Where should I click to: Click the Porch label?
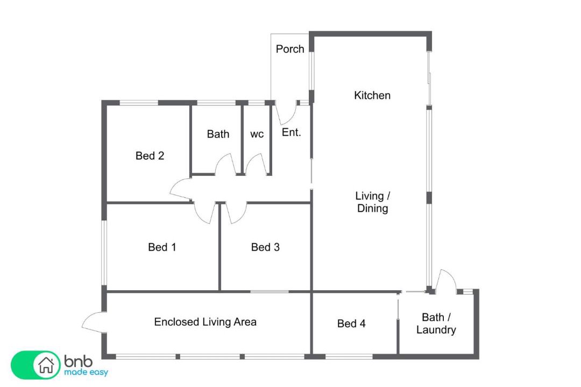(290, 49)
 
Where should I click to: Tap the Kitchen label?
(372, 96)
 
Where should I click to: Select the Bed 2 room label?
(150, 155)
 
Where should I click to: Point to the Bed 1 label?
(162, 247)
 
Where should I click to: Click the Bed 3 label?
(265, 247)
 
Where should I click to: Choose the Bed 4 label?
(351, 324)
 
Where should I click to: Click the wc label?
(257, 134)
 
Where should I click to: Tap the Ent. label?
(291, 132)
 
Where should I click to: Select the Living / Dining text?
(372, 202)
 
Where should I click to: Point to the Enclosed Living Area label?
(206, 322)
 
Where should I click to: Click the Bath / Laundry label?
(436, 323)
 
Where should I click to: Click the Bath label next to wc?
(218, 134)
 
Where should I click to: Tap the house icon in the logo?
(46, 365)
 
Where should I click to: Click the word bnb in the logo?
(78, 361)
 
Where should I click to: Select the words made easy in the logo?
(86, 372)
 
